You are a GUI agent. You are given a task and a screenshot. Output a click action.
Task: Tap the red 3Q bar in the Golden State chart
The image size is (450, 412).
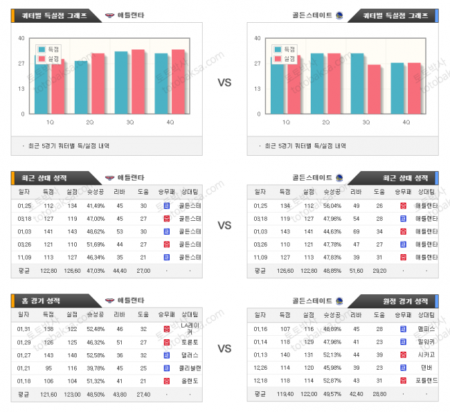(373, 89)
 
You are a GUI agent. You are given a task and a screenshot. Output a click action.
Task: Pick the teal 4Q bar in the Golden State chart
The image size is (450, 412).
(397, 88)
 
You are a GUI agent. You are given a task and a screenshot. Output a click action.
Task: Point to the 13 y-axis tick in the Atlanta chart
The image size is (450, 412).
(22, 89)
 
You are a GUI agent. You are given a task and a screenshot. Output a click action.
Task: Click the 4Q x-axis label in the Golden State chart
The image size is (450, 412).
(406, 122)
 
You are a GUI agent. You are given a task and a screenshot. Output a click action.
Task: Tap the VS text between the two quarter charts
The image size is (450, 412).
(224, 82)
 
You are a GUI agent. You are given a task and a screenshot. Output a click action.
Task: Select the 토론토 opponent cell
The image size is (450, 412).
(190, 342)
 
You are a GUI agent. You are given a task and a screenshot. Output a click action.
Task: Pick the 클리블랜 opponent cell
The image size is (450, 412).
(190, 368)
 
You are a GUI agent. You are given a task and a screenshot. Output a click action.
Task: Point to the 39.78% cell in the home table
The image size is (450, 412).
(96, 368)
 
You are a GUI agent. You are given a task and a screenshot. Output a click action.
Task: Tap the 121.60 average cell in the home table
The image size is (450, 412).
(48, 395)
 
